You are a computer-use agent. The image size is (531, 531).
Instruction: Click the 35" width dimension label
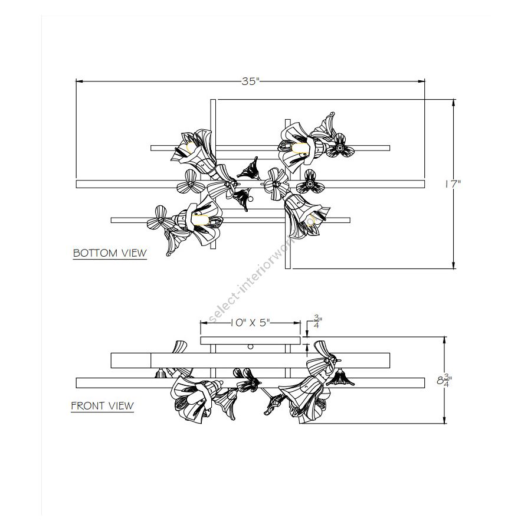pyautogui.click(x=250, y=81)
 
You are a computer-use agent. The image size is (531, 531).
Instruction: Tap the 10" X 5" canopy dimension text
pyautogui.click(x=250, y=323)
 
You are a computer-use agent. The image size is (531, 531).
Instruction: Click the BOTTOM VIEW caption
pyautogui.click(x=110, y=253)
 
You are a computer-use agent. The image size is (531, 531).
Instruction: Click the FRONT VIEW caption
pyautogui.click(x=102, y=406)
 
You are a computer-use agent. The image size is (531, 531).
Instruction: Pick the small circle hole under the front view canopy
pyautogui.click(x=251, y=347)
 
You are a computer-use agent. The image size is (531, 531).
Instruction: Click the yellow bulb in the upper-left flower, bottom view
pyautogui.click(x=191, y=147)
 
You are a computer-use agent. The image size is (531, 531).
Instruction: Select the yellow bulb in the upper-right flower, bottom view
pyautogui.click(x=300, y=148)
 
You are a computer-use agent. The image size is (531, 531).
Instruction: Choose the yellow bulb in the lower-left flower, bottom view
pyautogui.click(x=199, y=219)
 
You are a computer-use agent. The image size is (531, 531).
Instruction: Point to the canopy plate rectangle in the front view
pyautogui.click(x=251, y=340)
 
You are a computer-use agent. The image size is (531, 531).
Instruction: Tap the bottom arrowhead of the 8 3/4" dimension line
pyautogui.click(x=444, y=420)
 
